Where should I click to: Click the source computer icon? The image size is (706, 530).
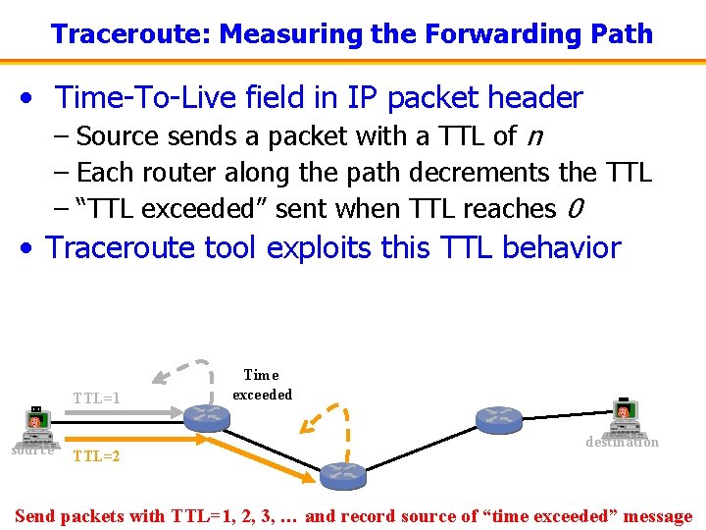click(35, 425)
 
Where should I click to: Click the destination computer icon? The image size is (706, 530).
click(625, 418)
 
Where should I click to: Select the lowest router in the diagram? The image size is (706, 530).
click(342, 474)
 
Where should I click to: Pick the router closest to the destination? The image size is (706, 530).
click(499, 420)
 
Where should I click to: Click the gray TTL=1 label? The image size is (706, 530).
click(97, 398)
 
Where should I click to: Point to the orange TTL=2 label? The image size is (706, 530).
click(96, 456)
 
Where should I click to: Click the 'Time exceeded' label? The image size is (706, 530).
click(262, 385)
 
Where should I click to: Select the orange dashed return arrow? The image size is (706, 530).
click(328, 417)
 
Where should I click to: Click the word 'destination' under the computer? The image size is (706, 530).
click(622, 443)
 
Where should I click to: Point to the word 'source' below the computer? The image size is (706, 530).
click(31, 450)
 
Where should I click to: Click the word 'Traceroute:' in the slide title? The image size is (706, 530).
click(131, 34)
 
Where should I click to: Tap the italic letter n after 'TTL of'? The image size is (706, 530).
click(535, 134)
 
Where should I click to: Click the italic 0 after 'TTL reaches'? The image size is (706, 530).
click(576, 209)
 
